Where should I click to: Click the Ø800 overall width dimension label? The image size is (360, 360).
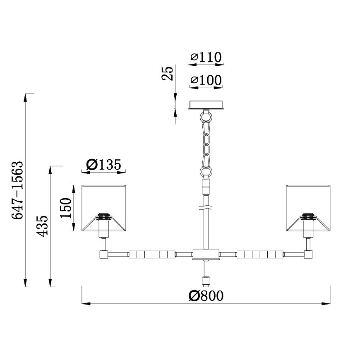click(206, 296)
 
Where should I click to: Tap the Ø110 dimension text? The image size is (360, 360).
click(206, 58)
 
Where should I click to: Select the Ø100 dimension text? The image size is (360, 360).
click(206, 80)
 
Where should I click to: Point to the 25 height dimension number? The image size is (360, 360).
click(167, 74)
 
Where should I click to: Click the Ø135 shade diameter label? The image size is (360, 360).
click(103, 164)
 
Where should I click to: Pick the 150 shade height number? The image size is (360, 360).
click(66, 208)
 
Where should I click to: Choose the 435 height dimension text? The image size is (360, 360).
click(43, 226)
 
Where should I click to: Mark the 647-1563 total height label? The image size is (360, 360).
click(18, 190)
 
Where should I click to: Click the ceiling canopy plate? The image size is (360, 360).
click(206, 105)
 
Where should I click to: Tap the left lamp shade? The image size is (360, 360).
click(104, 208)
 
